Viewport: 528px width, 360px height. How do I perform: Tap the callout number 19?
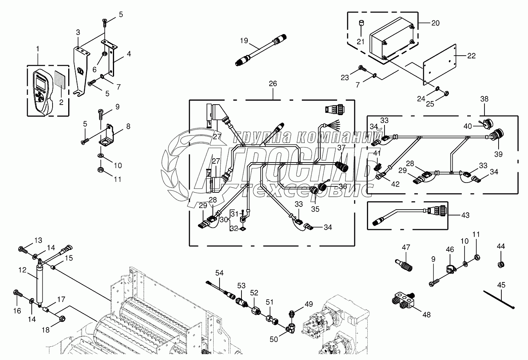(244, 41)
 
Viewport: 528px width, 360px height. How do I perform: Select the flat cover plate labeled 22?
(439, 64)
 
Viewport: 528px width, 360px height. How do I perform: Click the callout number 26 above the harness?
(272, 83)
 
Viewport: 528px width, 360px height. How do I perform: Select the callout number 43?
(465, 215)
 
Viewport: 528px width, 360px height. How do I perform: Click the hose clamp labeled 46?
(449, 270)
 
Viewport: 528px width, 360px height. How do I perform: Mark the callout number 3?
(78, 32)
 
